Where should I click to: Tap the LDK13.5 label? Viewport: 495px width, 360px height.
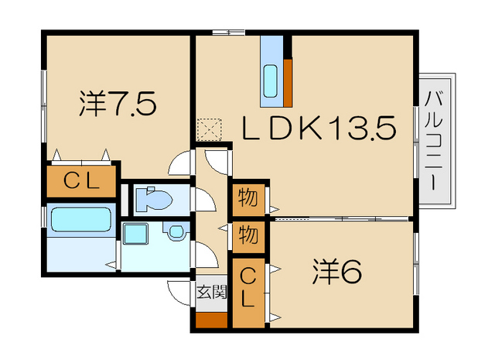point(319,127)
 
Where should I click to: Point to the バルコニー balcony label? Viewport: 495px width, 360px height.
point(433,142)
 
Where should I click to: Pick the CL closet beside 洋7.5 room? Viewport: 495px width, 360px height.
point(80,181)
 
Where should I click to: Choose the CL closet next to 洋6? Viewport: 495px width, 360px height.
point(247,286)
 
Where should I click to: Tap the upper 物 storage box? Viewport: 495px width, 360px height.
point(247,198)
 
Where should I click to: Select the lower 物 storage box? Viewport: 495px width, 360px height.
point(247,234)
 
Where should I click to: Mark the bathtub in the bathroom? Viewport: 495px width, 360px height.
point(80,220)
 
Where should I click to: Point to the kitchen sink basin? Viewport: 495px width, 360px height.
point(271,80)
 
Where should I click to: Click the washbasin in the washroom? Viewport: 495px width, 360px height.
point(175,231)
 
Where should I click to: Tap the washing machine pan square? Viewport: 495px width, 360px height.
point(138,233)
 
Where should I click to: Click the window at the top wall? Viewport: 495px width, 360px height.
point(229,32)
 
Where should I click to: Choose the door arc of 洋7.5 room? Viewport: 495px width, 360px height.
point(180,163)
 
